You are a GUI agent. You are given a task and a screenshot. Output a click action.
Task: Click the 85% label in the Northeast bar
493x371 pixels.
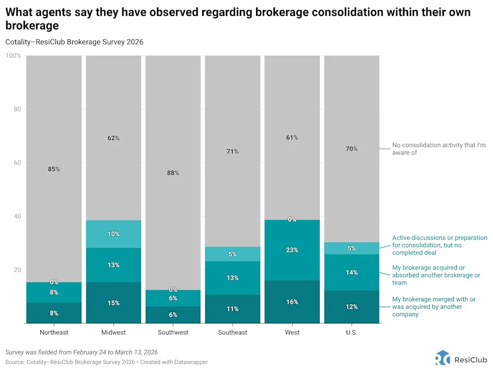[54, 169]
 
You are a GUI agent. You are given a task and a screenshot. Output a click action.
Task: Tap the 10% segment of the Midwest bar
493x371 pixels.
[114, 234]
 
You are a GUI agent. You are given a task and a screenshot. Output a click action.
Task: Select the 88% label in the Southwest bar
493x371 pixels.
[173, 173]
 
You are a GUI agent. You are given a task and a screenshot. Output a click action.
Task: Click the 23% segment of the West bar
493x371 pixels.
[292, 250]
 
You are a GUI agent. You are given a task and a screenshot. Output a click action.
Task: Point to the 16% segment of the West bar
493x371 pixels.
[292, 302]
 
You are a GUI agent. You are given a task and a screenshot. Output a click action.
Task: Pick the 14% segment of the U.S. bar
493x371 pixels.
[351, 272]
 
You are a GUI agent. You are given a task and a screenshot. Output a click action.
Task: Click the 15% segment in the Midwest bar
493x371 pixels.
[114, 303]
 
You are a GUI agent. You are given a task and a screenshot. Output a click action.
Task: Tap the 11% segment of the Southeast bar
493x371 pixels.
[233, 309]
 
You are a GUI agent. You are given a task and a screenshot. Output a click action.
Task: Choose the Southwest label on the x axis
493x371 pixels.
[173, 333]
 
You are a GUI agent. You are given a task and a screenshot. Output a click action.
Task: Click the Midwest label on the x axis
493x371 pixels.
[114, 333]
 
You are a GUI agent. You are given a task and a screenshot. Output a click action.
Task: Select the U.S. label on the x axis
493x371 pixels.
[351, 333]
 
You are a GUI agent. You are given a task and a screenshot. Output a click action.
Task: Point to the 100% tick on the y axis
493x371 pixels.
[13, 56]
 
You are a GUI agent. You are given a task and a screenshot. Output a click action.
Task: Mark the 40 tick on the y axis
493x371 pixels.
[17, 216]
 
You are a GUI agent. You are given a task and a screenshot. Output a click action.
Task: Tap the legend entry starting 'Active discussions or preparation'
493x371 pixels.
[439, 245]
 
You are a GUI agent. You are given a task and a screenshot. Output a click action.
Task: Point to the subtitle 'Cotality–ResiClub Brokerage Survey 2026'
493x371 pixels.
[74, 42]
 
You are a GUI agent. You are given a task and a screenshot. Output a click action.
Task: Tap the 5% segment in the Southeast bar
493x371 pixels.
[233, 254]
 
